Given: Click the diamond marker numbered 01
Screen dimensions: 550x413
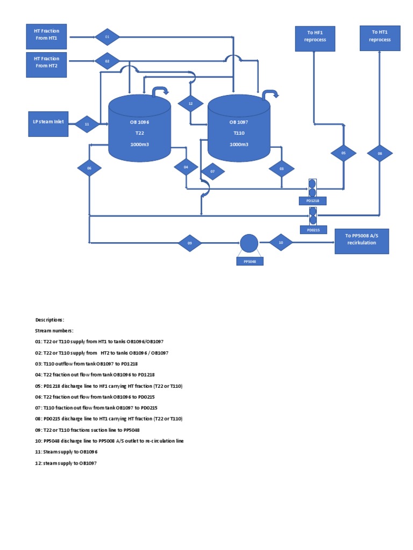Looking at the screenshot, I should (x=107, y=37).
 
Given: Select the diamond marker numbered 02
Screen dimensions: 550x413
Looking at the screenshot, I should (x=107, y=62).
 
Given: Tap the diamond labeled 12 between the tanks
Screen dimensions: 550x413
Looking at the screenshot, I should (x=190, y=103).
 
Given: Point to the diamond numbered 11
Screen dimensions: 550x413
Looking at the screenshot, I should (x=87, y=124).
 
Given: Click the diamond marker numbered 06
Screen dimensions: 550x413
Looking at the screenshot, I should (x=89, y=168).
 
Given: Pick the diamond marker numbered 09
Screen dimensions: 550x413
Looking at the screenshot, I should (x=190, y=243).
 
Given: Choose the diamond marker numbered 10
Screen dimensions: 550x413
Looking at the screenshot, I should (x=280, y=242).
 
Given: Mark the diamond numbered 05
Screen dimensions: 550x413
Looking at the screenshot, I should (x=343, y=153).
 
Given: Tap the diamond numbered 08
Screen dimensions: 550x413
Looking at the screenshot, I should (x=380, y=153).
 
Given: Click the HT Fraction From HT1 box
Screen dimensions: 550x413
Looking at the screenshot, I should (x=47, y=35).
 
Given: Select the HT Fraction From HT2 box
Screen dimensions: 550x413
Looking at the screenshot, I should (x=47, y=62).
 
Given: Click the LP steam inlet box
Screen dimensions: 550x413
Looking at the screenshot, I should (x=48, y=124).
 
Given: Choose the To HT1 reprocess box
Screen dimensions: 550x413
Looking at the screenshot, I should (x=380, y=37).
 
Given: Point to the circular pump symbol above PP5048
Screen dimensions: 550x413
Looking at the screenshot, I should (x=249, y=243).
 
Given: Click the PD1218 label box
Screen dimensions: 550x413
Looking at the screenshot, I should (x=312, y=201).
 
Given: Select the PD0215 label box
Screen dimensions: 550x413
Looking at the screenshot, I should (x=312, y=230).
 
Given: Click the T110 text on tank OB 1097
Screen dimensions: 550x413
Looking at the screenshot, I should (x=239, y=133).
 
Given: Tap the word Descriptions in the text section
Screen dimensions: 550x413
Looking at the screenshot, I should (x=49, y=320).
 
